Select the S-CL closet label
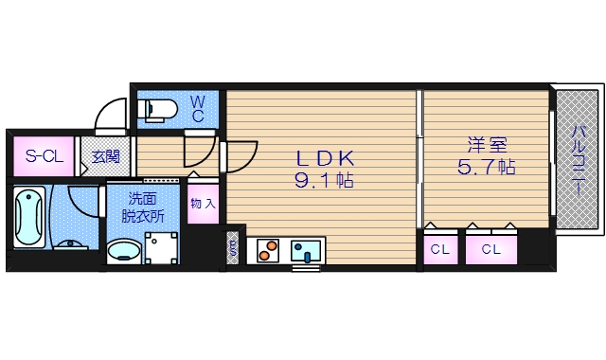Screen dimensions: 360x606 tap(44, 156)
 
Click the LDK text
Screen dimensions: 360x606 tap(325, 158)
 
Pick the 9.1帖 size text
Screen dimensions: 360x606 tap(325, 179)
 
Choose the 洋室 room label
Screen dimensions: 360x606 tap(487, 147)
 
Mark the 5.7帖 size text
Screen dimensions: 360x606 tap(487, 169)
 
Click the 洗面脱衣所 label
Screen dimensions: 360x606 tap(142, 207)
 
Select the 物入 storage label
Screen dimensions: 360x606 tap(203, 203)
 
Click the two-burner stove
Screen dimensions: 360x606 tap(269, 251)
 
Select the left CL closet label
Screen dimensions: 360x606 tap(439, 250)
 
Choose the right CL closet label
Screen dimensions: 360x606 tap(490, 250)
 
